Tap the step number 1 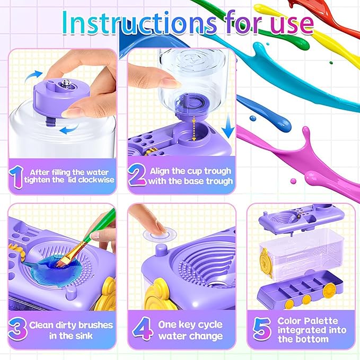click(x=16, y=176)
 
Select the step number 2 click(x=136, y=176)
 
